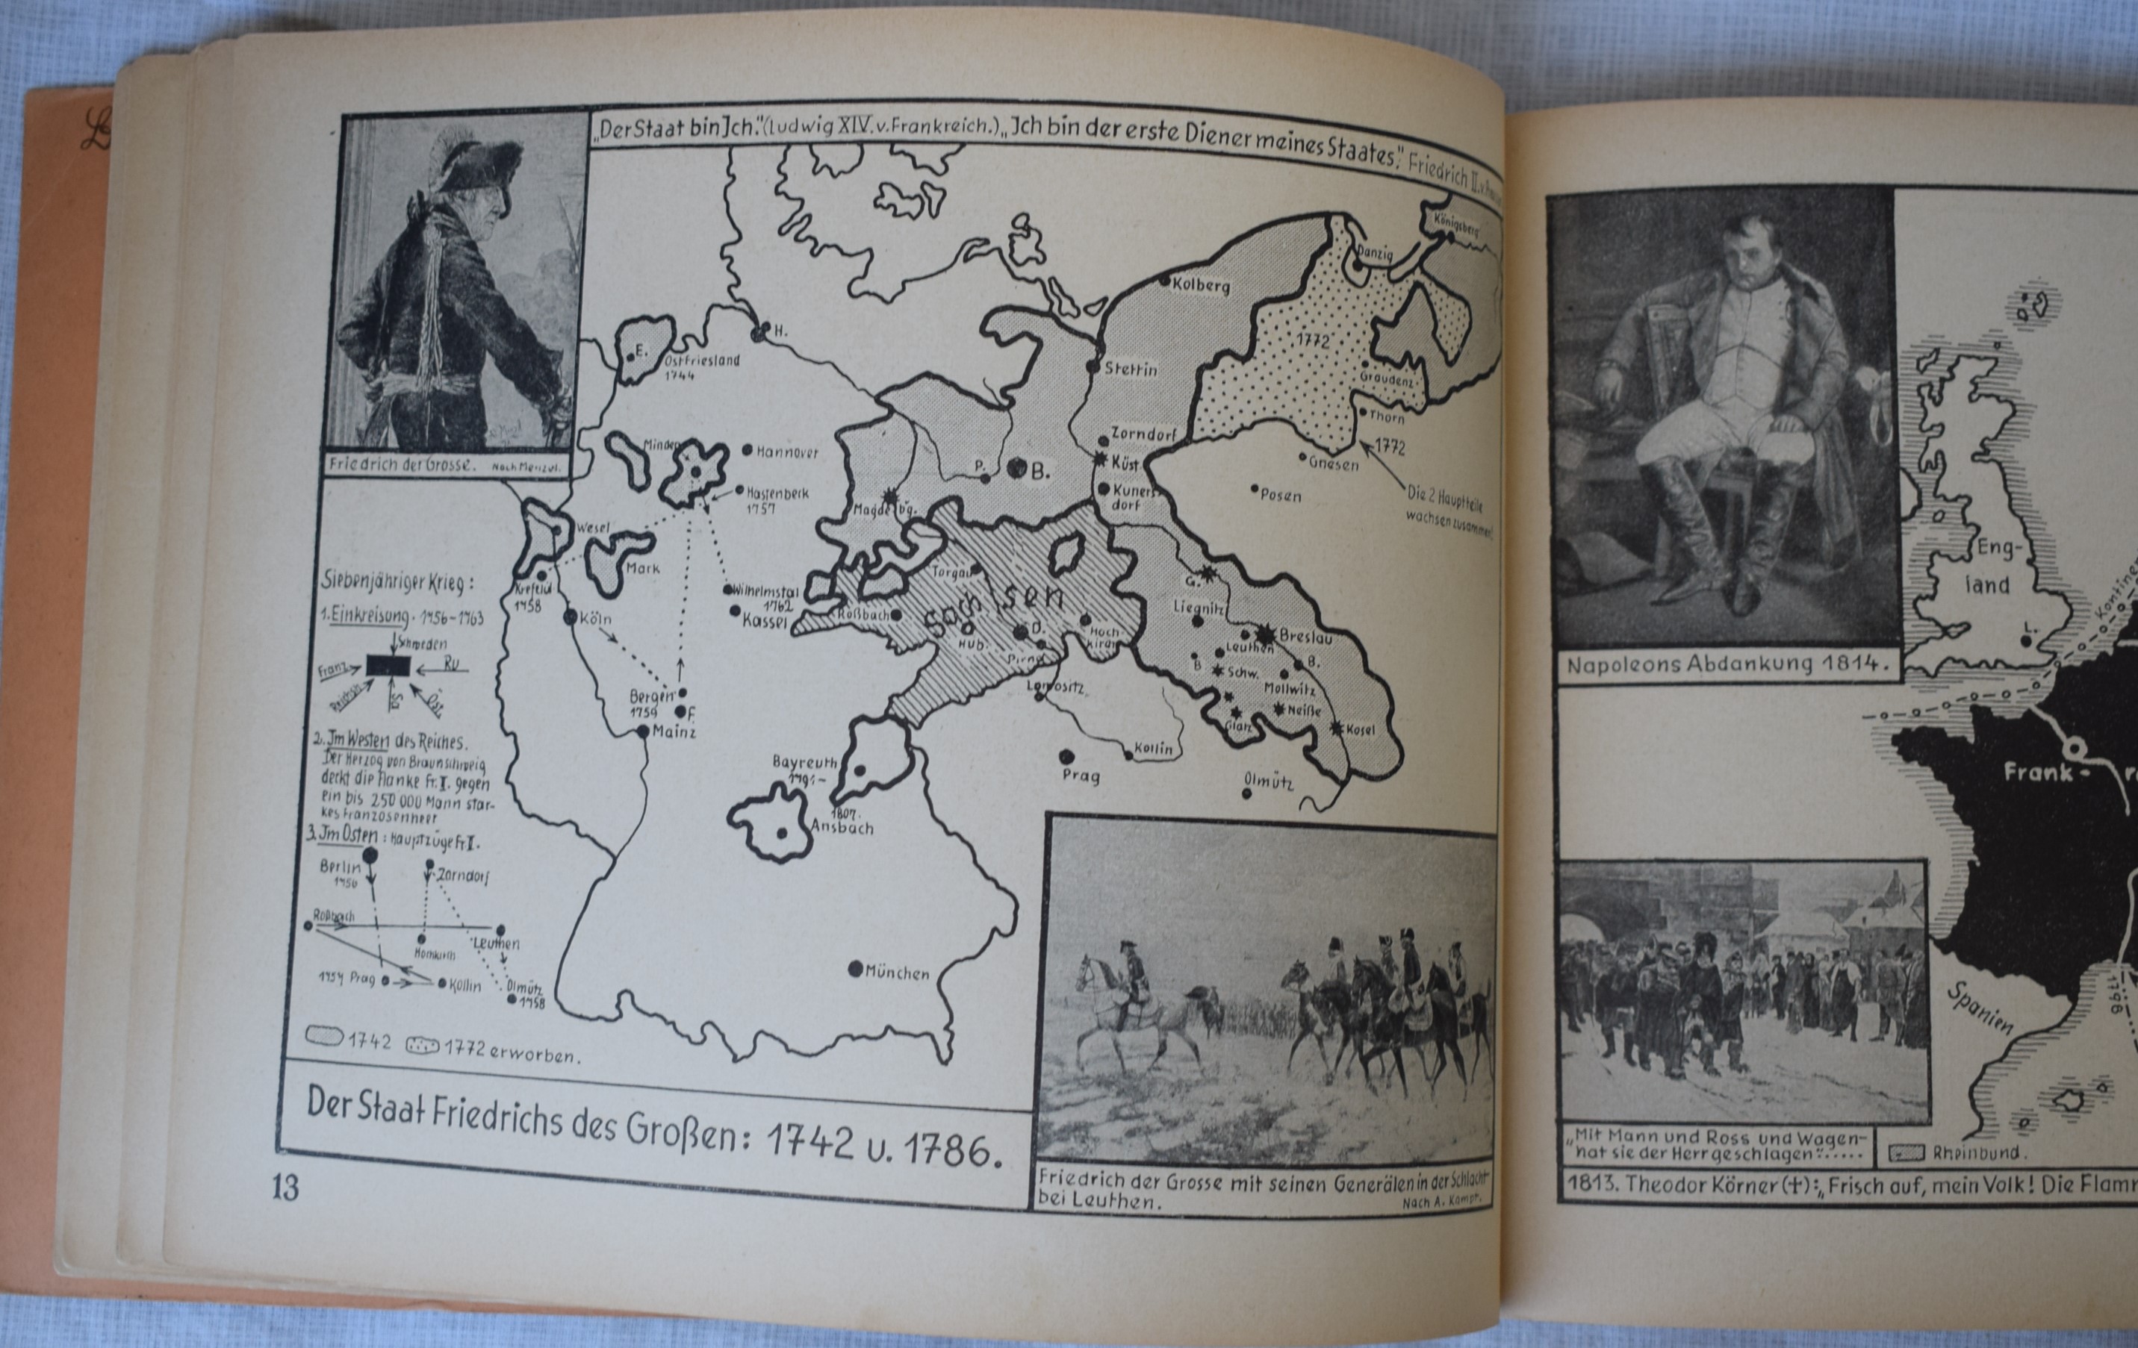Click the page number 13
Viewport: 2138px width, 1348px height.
pos(287,1188)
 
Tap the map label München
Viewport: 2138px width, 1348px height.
pos(897,973)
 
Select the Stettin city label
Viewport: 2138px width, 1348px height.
pos(1131,369)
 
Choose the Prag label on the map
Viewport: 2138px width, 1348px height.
pos(1081,776)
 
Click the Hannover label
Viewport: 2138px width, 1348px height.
pos(786,452)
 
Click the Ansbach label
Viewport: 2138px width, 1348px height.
pos(842,828)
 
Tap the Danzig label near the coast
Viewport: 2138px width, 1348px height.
pos(1374,255)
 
